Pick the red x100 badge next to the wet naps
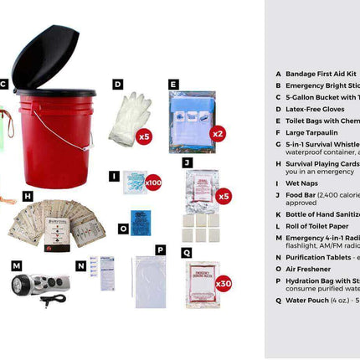click(x=152, y=182)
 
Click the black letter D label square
click(x=118, y=84)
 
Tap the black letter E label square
click(x=173, y=84)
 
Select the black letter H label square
click(x=28, y=196)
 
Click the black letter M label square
click(x=16, y=266)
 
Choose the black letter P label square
click(x=160, y=249)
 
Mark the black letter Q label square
click(x=187, y=250)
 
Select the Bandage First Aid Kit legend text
click(x=321, y=74)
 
